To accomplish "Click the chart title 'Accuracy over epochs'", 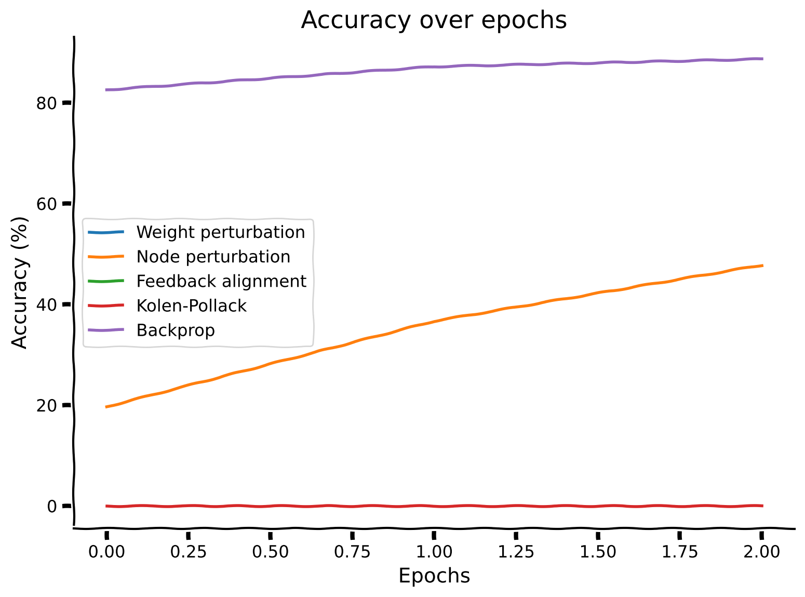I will click(x=434, y=20).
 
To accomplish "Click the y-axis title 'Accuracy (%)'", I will click(x=19, y=283).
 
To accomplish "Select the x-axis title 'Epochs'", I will click(x=434, y=576).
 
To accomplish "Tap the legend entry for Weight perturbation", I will click(x=220, y=232).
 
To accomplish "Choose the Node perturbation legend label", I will click(x=213, y=257).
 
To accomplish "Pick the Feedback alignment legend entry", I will click(x=221, y=281).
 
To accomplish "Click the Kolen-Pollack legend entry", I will click(x=191, y=306).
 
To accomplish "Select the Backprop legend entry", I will click(x=175, y=330).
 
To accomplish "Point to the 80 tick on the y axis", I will click(x=46, y=103).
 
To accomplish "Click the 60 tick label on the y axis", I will click(x=46, y=204).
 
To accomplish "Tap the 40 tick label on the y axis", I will click(x=46, y=304).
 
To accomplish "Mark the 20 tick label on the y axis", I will click(x=46, y=405).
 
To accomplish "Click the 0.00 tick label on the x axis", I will click(x=106, y=552).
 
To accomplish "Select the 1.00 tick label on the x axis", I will click(x=434, y=552).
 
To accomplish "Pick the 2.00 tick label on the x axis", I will click(x=761, y=552).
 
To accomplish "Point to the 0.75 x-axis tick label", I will click(x=352, y=552).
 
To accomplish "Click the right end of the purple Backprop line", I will click(x=762, y=59).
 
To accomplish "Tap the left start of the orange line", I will click(x=106, y=407).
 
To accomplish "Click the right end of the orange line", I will click(x=762, y=266).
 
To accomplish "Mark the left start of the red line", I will click(x=106, y=506).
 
